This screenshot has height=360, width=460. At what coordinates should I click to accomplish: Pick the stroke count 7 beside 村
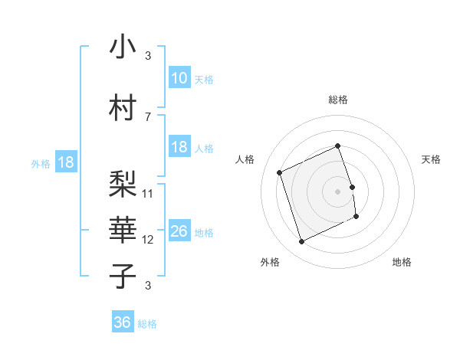pyautogui.click(x=148, y=117)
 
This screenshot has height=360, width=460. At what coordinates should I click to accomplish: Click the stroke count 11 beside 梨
pyautogui.click(x=149, y=193)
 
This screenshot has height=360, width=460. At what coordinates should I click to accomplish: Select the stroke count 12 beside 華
pyautogui.click(x=149, y=240)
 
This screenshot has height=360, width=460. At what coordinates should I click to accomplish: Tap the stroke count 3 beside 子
pyautogui.click(x=148, y=286)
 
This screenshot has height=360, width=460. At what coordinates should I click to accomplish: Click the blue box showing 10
pyautogui.click(x=179, y=77)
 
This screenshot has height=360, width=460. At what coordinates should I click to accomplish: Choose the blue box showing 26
pyautogui.click(x=179, y=231)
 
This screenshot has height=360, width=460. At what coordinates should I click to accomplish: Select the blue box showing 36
pyautogui.click(x=123, y=322)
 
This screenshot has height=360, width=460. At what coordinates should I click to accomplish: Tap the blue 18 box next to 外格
pyautogui.click(x=65, y=162)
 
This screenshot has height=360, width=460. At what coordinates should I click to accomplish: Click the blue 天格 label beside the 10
pyautogui.click(x=204, y=79)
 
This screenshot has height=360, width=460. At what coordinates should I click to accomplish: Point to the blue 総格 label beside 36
pyautogui.click(x=147, y=324)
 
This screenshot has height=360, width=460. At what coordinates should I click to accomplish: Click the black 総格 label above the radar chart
pyautogui.click(x=337, y=100)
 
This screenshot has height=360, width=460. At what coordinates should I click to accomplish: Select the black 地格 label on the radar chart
pyautogui.click(x=402, y=262)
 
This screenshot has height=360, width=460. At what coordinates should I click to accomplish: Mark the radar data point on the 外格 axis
pyautogui.click(x=301, y=242)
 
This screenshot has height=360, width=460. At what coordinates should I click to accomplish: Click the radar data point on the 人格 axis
pyautogui.click(x=279, y=172)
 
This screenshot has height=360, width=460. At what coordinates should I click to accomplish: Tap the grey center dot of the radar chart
pyautogui.click(x=337, y=191)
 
